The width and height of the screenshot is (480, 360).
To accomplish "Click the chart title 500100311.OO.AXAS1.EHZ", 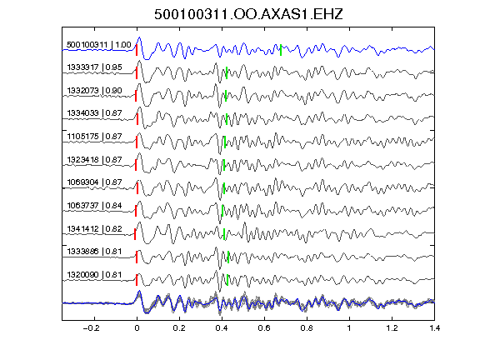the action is [248, 14].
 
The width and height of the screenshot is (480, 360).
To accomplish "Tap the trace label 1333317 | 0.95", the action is [94, 67].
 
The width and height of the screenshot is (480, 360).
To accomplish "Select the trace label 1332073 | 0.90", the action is [94, 91].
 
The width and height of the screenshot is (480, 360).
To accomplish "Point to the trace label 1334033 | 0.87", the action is [94, 113].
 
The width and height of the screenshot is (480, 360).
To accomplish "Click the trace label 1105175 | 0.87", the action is [94, 136].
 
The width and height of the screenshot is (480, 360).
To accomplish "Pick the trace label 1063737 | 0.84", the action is [94, 205].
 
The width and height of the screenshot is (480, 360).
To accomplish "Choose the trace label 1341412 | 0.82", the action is [94, 228].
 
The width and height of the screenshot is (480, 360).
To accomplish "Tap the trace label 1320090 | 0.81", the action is [94, 275].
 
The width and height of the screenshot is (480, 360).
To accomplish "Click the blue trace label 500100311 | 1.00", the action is [99, 45].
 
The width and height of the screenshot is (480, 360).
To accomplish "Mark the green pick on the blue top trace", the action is [281, 50].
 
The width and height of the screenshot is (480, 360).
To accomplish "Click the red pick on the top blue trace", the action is [137, 50].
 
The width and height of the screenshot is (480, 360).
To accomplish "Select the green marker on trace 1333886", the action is [228, 257].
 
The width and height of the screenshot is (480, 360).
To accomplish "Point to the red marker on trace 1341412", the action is [135, 234].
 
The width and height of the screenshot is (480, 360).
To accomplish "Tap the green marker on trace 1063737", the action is [222, 211].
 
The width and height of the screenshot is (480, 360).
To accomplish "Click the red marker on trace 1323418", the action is [136, 165].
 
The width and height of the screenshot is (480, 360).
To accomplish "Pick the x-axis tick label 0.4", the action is [222, 328].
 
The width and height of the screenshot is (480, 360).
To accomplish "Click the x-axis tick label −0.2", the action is [91, 328].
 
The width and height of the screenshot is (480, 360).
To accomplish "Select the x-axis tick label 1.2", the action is [392, 328].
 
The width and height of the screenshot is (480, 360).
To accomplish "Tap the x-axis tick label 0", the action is [137, 328].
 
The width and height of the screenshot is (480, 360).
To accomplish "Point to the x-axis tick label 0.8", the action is [307, 328].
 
